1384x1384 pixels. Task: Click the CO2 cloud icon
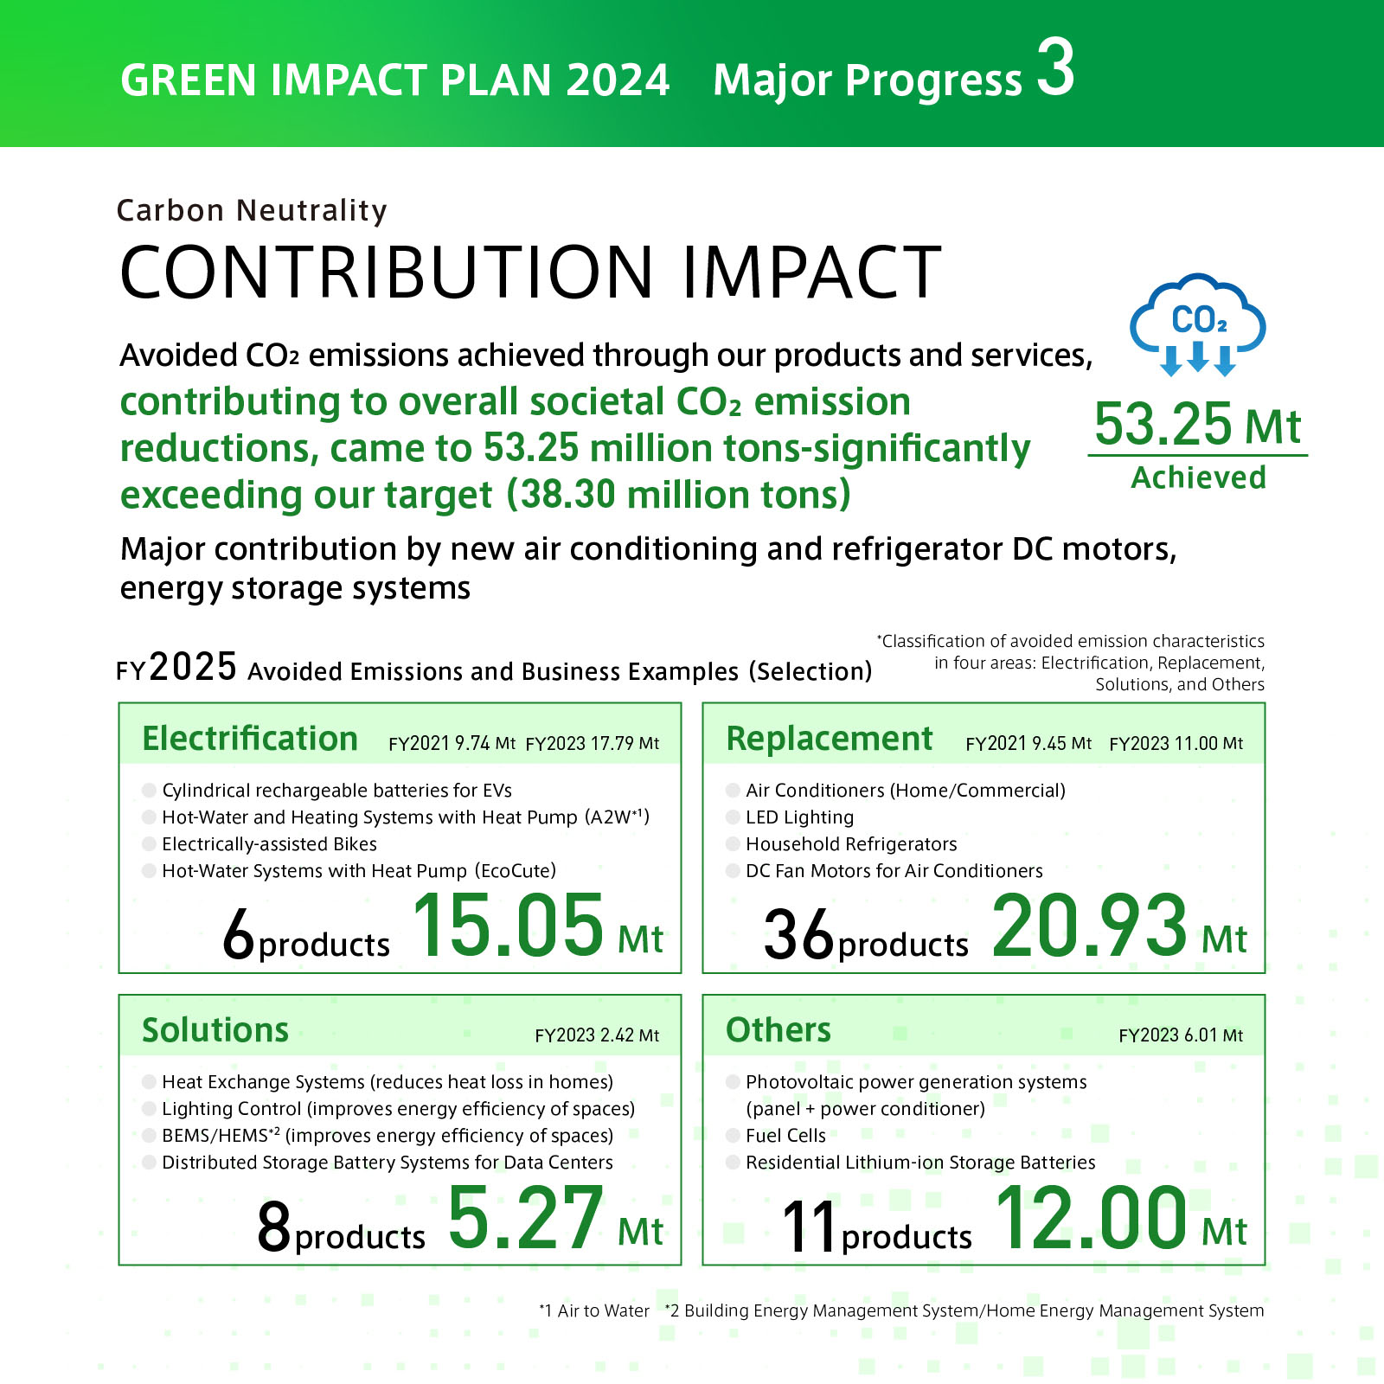pyautogui.click(x=1198, y=325)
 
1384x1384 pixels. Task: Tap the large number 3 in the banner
pyautogui.click(x=1056, y=68)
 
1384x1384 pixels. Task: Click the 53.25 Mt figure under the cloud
pyautogui.click(x=1197, y=425)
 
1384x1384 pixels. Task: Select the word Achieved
pyautogui.click(x=1198, y=477)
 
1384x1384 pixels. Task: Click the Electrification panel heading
pyautogui.click(x=250, y=739)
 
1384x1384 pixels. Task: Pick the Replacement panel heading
pyautogui.click(x=830, y=739)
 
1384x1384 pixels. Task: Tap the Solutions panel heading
pyautogui.click(x=215, y=1030)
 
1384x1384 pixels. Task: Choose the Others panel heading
pyautogui.click(x=778, y=1030)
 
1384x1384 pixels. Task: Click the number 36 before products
pyautogui.click(x=798, y=935)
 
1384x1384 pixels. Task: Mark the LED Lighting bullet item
pyautogui.click(x=799, y=817)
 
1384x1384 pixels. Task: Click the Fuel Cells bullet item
pyautogui.click(x=785, y=1136)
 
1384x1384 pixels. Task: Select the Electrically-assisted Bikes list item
pyautogui.click(x=269, y=844)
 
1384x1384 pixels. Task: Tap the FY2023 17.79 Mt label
pyautogui.click(x=592, y=744)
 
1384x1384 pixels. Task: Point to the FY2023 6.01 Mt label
pyautogui.click(x=1180, y=1035)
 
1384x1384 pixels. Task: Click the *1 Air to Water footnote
pyautogui.click(x=594, y=1310)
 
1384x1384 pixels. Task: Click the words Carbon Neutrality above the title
pyautogui.click(x=252, y=210)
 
